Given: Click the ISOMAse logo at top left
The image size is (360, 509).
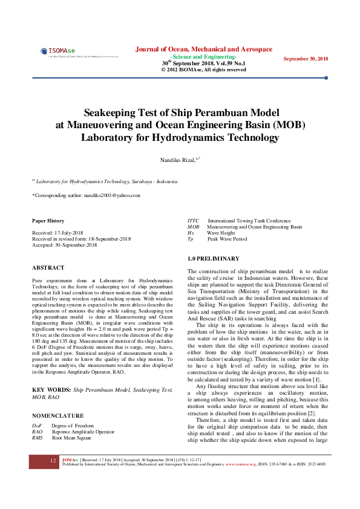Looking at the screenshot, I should point(57,52).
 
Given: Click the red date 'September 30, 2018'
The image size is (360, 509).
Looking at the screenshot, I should point(306,58).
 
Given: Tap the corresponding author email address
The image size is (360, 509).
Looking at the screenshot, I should point(116,195).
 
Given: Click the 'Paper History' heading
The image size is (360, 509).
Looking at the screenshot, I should point(48,221).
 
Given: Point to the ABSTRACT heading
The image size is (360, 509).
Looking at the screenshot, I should point(48,267).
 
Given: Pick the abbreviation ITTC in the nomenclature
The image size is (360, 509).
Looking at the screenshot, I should point(194,221).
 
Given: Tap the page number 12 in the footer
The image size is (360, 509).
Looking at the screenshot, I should point(53,461).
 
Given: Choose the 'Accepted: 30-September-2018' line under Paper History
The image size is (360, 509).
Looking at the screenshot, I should point(64,245).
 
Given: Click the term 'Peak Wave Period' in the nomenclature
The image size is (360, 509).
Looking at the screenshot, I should point(227,239).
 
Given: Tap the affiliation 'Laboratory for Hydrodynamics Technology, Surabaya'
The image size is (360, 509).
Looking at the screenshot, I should point(106,181).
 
